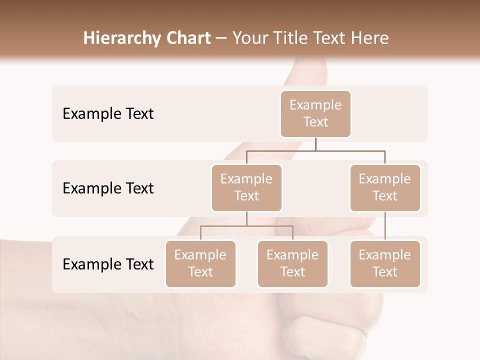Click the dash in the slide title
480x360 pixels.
[x=221, y=38]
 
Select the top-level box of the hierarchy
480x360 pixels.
[x=315, y=113]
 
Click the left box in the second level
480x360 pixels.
[x=246, y=187]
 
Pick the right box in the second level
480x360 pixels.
[x=385, y=187]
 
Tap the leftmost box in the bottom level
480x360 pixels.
[x=200, y=263]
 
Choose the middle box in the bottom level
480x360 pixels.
[x=292, y=263]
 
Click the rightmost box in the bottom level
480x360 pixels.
[x=385, y=263]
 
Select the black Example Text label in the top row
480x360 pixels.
[x=108, y=114]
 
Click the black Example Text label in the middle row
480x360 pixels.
[x=108, y=188]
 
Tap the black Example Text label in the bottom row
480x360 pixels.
[x=108, y=264]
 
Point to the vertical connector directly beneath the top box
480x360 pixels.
[x=315, y=144]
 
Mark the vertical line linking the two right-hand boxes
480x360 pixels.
[x=385, y=226]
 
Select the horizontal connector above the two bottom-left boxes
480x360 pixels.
[x=246, y=226]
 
